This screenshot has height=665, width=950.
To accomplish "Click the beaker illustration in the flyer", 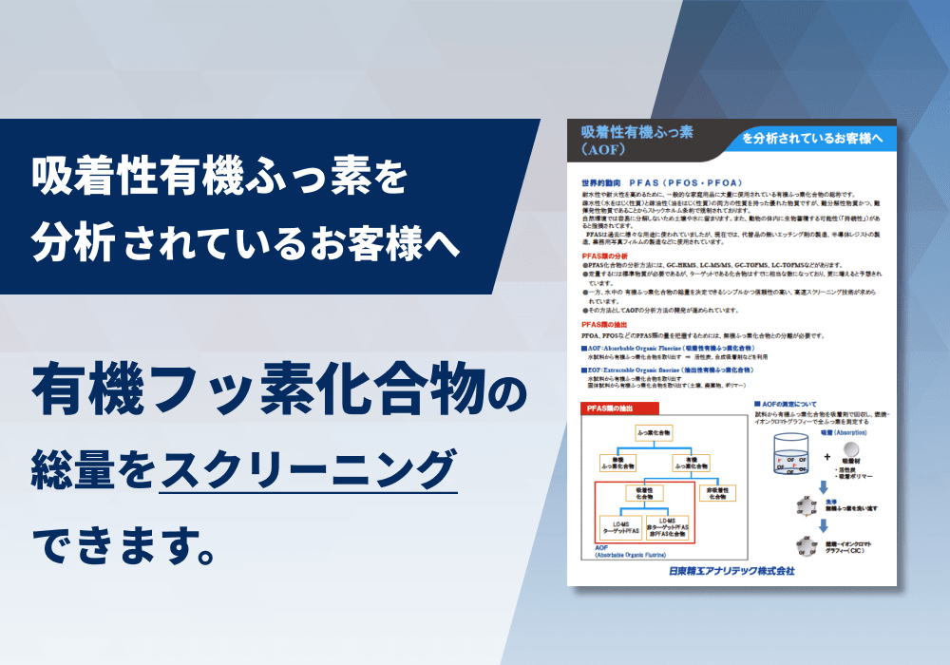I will click(796, 460).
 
